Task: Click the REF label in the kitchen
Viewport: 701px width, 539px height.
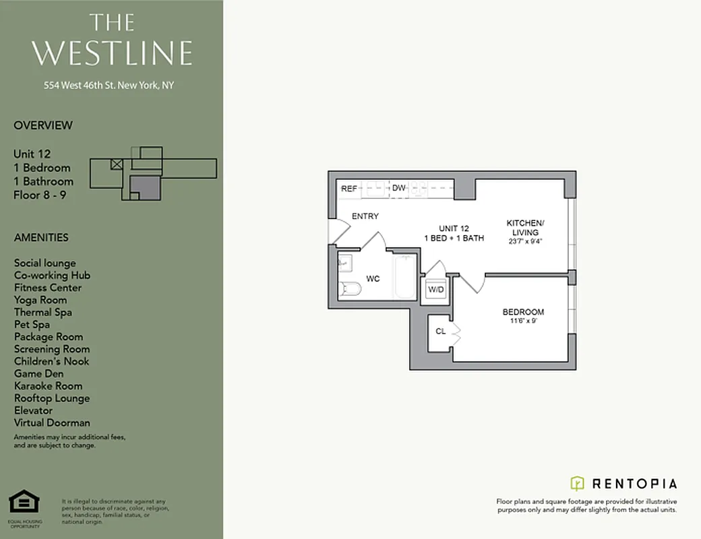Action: coord(348,189)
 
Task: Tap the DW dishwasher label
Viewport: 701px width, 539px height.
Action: coord(399,188)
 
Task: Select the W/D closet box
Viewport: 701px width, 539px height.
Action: coord(436,290)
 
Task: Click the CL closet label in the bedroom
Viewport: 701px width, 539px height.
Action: coord(440,331)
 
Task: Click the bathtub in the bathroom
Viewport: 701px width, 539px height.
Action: coord(405,278)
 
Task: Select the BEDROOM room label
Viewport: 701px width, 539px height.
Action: coord(523,312)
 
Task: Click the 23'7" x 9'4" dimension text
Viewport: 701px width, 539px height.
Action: coord(525,241)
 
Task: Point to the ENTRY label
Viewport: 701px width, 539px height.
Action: coord(365,216)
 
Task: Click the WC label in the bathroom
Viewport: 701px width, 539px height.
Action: coord(373,278)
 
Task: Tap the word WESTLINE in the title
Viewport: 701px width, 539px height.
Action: coord(112,53)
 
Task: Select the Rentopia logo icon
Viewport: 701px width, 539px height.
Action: coord(577,483)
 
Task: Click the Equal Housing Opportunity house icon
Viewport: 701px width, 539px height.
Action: coord(24,502)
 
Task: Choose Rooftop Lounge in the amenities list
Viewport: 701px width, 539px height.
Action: coord(52,398)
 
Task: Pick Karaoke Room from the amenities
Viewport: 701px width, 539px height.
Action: coord(48,386)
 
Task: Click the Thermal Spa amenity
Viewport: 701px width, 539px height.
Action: coord(43,312)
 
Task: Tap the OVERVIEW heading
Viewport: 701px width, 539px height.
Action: coord(43,125)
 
